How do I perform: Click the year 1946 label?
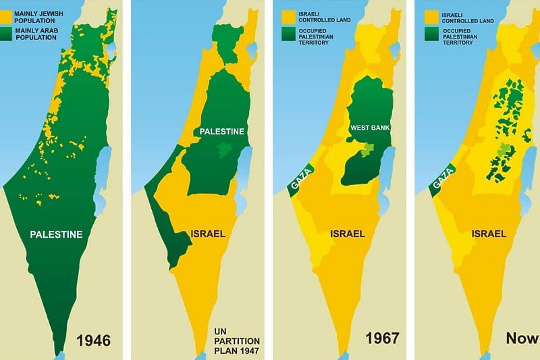93,339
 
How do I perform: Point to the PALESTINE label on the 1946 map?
57,234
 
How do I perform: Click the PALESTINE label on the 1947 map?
221,131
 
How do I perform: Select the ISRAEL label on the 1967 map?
348,234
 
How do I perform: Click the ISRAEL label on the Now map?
489,234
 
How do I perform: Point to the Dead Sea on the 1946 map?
103,169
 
